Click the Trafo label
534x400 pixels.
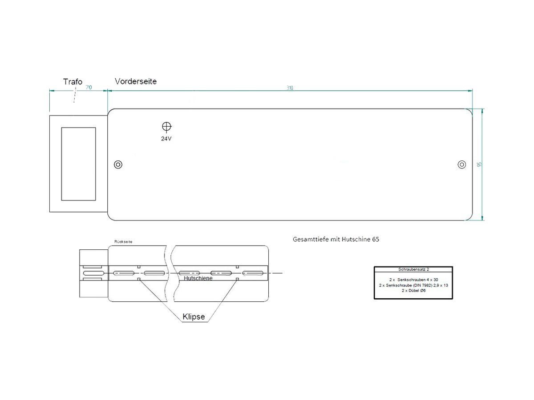pos(73,82)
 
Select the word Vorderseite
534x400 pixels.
pos(136,81)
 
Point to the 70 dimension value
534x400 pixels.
pos(88,88)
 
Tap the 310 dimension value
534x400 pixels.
pos(290,88)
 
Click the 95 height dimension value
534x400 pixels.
pos(479,164)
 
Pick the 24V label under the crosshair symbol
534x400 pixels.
pos(166,139)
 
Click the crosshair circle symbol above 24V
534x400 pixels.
pos(166,127)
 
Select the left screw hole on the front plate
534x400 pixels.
pos(118,164)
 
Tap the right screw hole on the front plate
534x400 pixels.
pos(462,165)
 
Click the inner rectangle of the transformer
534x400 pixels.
pos(78,164)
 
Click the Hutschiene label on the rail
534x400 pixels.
pos(198,278)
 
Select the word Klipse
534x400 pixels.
pos(194,317)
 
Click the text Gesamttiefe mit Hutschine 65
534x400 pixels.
pos(336,239)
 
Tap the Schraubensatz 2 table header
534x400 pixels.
pos(413,269)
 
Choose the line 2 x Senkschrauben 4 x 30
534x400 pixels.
pos(413,280)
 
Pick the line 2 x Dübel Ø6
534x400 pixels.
pos(413,290)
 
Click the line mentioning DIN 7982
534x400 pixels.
pos(413,285)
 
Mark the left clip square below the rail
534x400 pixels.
pos(139,279)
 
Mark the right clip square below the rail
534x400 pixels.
pos(237,279)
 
